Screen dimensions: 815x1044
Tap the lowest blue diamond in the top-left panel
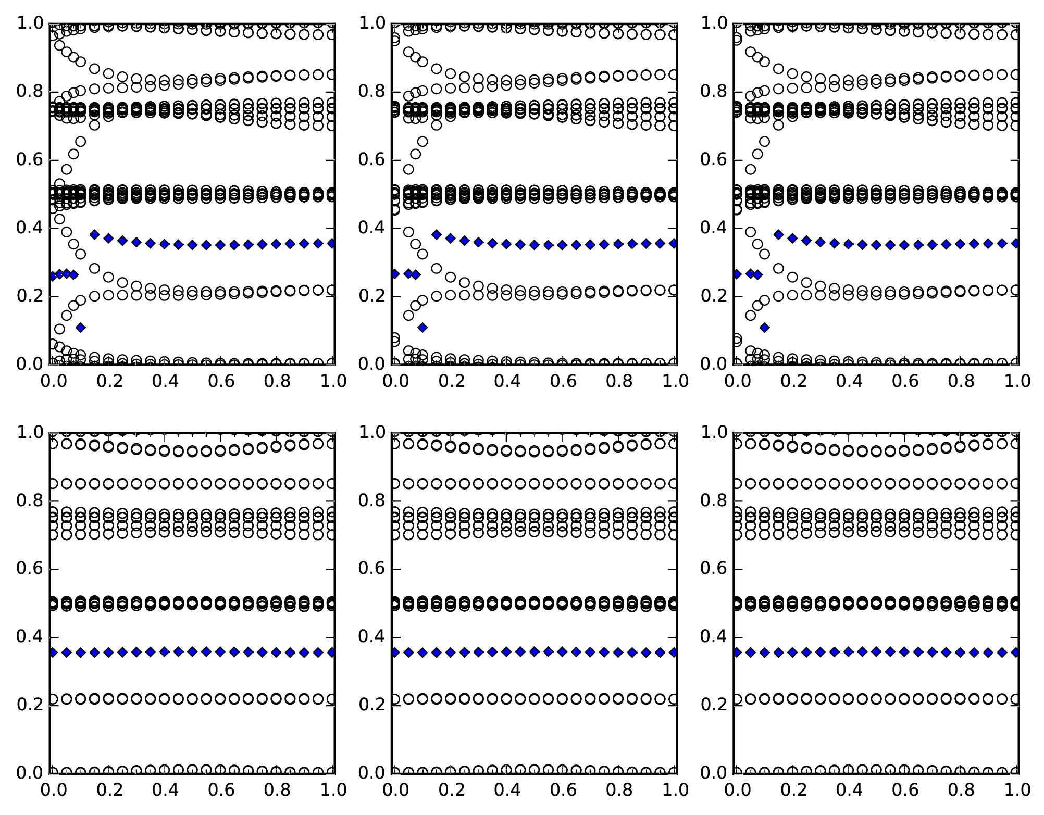81,328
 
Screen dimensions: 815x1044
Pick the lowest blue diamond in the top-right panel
765,328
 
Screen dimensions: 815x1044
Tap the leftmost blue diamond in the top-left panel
52,277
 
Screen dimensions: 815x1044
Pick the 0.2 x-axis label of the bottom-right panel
793,791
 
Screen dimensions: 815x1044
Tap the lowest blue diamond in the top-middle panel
422,328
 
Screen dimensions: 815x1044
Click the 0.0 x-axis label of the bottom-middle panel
394,791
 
